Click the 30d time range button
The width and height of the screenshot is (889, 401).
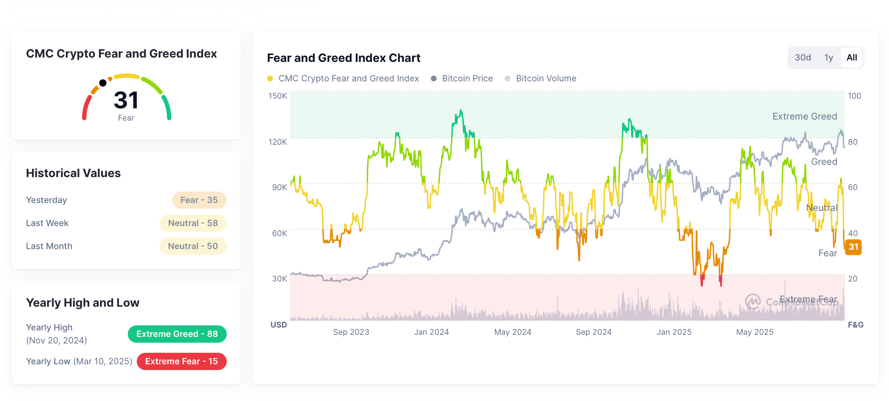(x=803, y=58)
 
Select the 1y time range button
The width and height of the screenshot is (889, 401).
(x=829, y=58)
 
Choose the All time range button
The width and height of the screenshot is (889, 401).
(x=852, y=58)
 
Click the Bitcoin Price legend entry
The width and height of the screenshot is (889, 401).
(x=467, y=78)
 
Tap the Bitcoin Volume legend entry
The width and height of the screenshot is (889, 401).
(x=546, y=78)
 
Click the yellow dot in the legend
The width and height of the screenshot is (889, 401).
(x=270, y=78)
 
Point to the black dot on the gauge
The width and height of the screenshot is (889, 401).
(x=103, y=83)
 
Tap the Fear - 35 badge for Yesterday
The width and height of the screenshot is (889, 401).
(x=199, y=200)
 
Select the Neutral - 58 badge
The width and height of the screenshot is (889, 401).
(x=193, y=223)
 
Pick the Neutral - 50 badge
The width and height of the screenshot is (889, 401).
(x=193, y=246)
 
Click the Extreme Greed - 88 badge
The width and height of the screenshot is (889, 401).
(x=177, y=334)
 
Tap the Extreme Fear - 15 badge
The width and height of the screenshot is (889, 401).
(x=181, y=361)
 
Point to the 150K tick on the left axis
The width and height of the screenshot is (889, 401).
(x=277, y=96)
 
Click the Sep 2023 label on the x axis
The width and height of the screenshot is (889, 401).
(x=351, y=332)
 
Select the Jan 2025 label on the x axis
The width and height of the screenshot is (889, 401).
(x=674, y=332)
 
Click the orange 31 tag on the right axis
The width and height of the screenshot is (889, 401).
(x=853, y=247)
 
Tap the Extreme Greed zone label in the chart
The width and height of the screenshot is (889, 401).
(x=804, y=117)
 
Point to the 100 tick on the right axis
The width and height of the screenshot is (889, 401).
(x=854, y=96)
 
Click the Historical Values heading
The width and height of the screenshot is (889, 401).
(x=73, y=173)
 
